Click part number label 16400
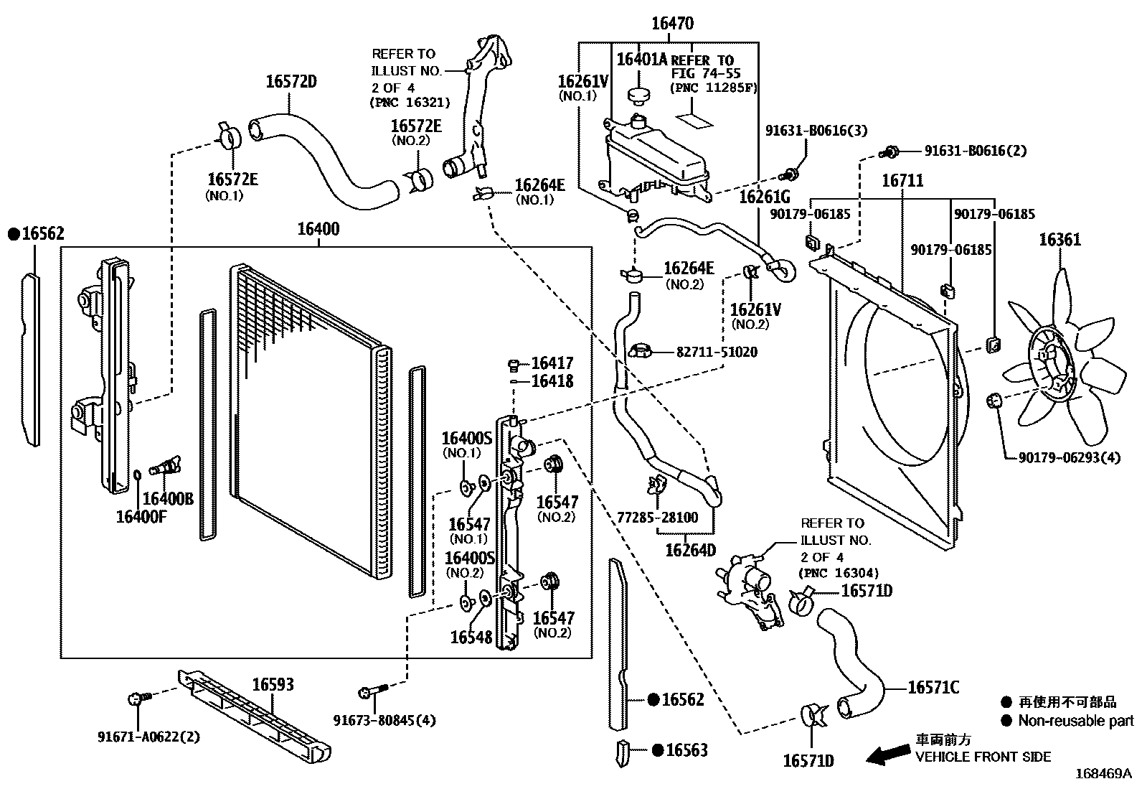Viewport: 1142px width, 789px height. click(x=318, y=230)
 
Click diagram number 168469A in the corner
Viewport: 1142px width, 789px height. click(x=1103, y=774)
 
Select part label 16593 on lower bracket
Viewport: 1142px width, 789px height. click(x=273, y=685)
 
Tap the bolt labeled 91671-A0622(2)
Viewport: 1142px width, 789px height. click(x=136, y=698)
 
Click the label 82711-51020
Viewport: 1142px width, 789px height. click(x=716, y=353)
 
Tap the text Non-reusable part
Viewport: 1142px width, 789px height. click(x=1075, y=721)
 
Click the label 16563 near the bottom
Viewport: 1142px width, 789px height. click(x=686, y=750)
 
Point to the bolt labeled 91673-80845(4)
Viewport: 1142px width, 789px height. click(x=368, y=692)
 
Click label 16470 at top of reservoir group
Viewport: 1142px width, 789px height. click(x=672, y=24)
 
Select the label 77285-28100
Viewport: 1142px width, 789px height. click(x=657, y=518)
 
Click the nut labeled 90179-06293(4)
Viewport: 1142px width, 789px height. click(x=994, y=401)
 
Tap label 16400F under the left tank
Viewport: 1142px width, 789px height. click(x=141, y=516)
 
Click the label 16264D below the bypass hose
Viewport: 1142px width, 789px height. click(x=690, y=551)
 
